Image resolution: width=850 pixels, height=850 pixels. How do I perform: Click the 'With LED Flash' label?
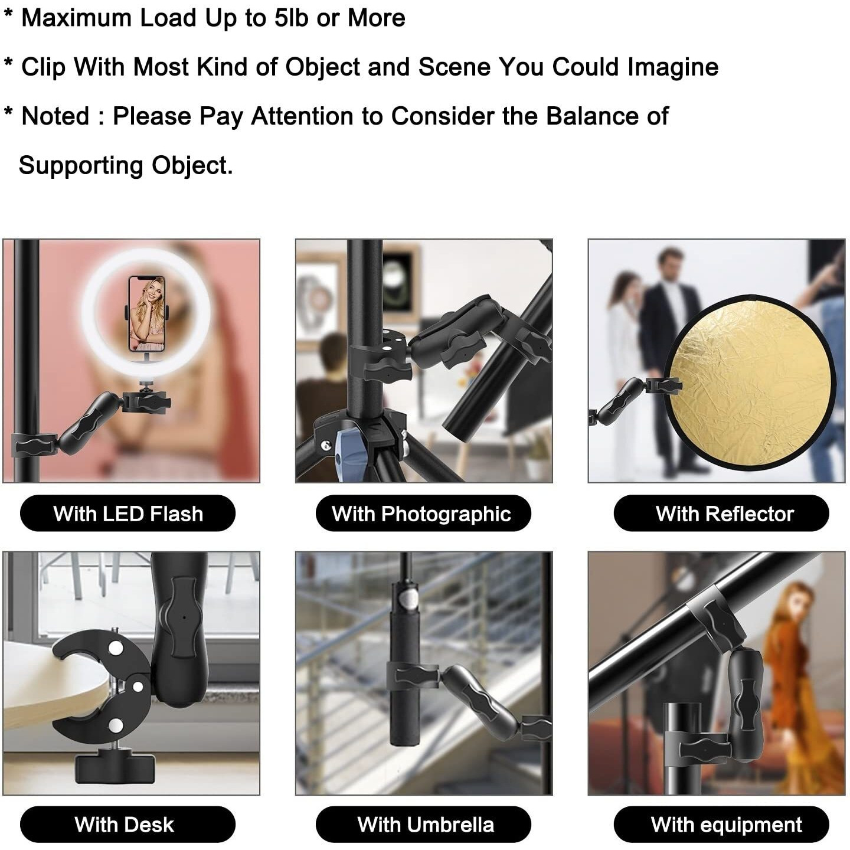[127, 514]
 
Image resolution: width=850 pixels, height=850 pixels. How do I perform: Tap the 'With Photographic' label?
[423, 514]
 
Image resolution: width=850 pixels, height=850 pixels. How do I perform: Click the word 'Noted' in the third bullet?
[55, 116]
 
